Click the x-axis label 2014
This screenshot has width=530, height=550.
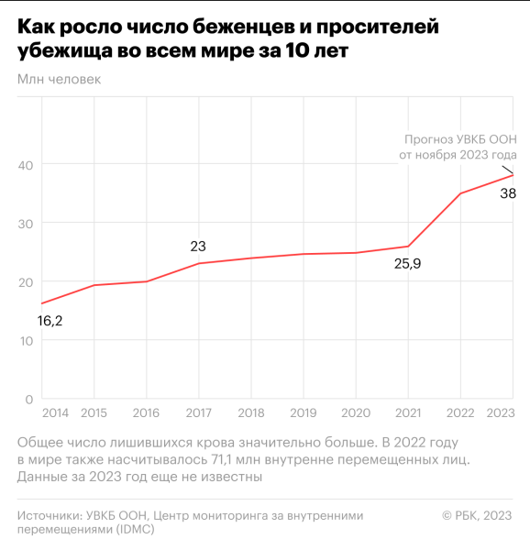click(55, 412)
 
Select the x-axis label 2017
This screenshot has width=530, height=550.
click(199, 412)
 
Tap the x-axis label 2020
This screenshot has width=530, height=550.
click(355, 412)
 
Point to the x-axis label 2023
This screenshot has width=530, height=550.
click(499, 412)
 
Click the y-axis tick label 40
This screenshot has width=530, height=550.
click(26, 164)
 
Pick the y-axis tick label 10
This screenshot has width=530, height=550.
click(26, 341)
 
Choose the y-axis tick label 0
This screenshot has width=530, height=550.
click(29, 400)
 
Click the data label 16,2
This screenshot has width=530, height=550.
click(50, 321)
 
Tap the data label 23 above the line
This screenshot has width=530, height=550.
click(198, 246)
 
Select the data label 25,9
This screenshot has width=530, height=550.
click(408, 265)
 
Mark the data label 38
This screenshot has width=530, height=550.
click(507, 193)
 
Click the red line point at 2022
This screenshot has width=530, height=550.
click(460, 193)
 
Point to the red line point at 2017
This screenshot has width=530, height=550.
click(199, 264)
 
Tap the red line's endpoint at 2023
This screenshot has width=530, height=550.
click(513, 175)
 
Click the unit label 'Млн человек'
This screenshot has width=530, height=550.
click(59, 79)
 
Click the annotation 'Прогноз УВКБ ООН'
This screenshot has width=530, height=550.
click(461, 139)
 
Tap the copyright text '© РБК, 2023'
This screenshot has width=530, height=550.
click(477, 516)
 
